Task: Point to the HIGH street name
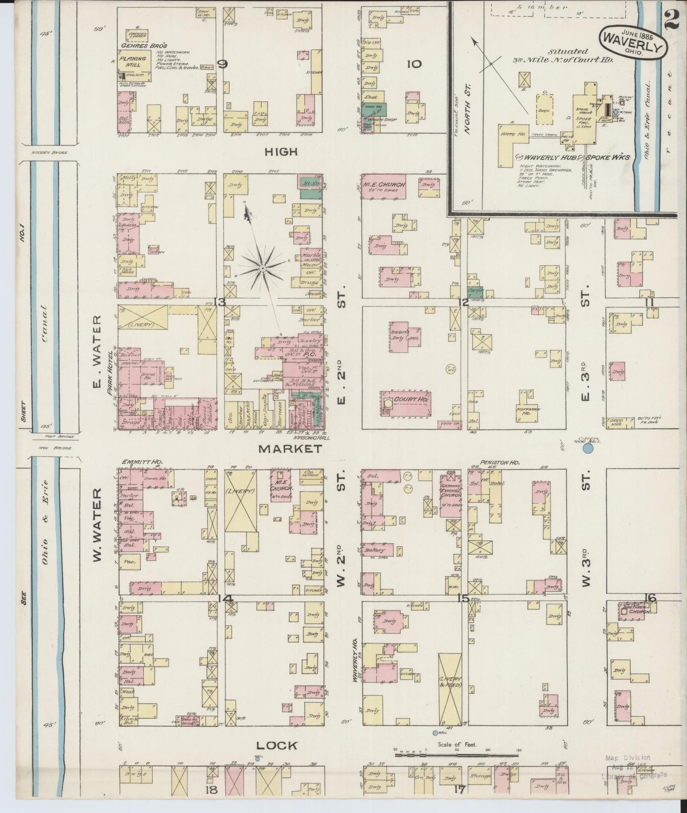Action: pyautogui.click(x=281, y=152)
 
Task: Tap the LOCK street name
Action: pyautogui.click(x=278, y=745)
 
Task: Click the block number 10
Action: pyautogui.click(x=414, y=63)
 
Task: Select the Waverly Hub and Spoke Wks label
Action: pyautogui.click(x=573, y=158)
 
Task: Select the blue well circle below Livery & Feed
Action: pyautogui.click(x=435, y=733)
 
